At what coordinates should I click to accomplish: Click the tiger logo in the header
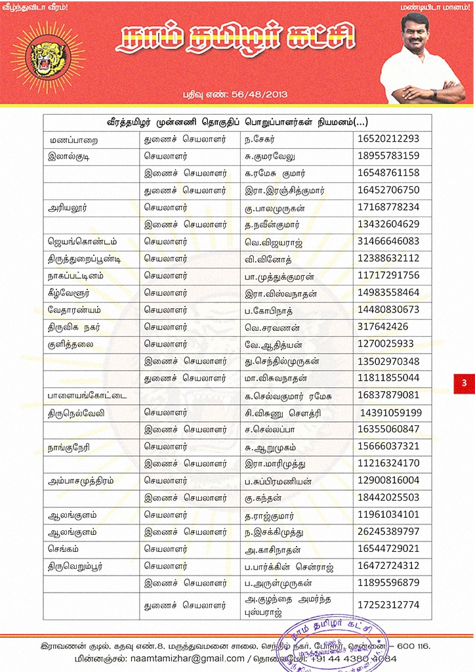click(45, 56)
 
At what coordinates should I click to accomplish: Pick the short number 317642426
click(383, 326)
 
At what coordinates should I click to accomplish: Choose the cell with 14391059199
click(391, 413)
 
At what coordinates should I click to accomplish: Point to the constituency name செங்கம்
click(63, 548)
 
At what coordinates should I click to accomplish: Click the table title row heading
click(237, 122)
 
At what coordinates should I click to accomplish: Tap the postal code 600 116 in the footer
click(413, 646)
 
